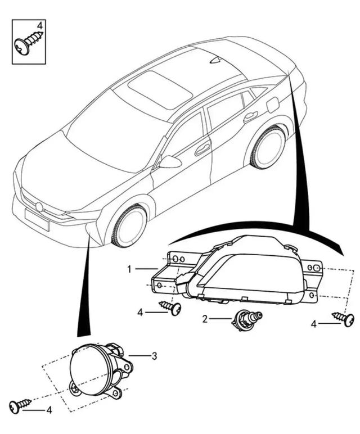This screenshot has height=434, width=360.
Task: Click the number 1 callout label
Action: [x=129, y=269]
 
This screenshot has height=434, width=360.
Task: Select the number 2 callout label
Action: [x=205, y=319]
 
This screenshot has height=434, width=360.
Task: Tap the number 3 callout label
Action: [x=154, y=356]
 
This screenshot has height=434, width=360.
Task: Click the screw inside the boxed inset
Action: [x=29, y=42]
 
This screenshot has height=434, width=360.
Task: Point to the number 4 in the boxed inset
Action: [x=40, y=26]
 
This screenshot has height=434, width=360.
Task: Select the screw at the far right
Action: [x=343, y=318]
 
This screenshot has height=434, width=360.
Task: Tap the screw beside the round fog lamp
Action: [x=20, y=405]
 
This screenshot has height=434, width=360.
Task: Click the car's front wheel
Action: [x=129, y=225]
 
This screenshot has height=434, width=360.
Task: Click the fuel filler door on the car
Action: [x=273, y=105]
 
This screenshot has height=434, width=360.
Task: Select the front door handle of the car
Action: [x=202, y=150]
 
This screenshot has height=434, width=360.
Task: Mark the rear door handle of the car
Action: [x=250, y=117]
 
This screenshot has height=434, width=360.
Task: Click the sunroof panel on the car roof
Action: [x=160, y=89]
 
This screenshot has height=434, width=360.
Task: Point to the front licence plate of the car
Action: [x=37, y=219]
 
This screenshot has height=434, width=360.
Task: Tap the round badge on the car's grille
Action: [x=39, y=207]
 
